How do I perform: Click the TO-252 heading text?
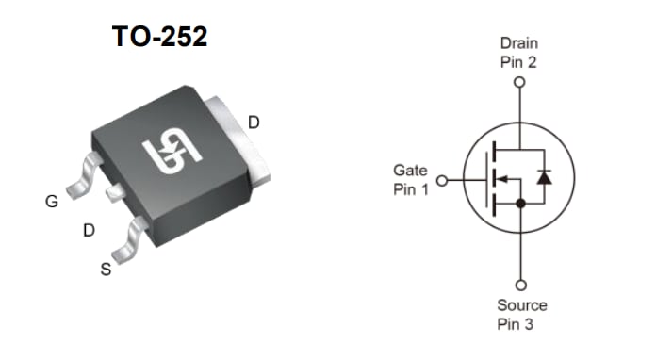pos(159,37)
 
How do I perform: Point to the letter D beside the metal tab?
pos(254,122)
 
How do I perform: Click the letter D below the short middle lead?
pos(89,230)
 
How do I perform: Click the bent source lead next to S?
pos(128,239)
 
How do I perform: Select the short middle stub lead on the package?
pos(114,192)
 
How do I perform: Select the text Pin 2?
pos(518,62)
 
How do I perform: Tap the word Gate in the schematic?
pos(410,172)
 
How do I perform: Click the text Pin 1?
pos(410,189)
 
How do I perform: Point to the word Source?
pos(521,305)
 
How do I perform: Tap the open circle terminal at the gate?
pos(441,180)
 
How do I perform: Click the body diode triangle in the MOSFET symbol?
pos(544,176)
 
